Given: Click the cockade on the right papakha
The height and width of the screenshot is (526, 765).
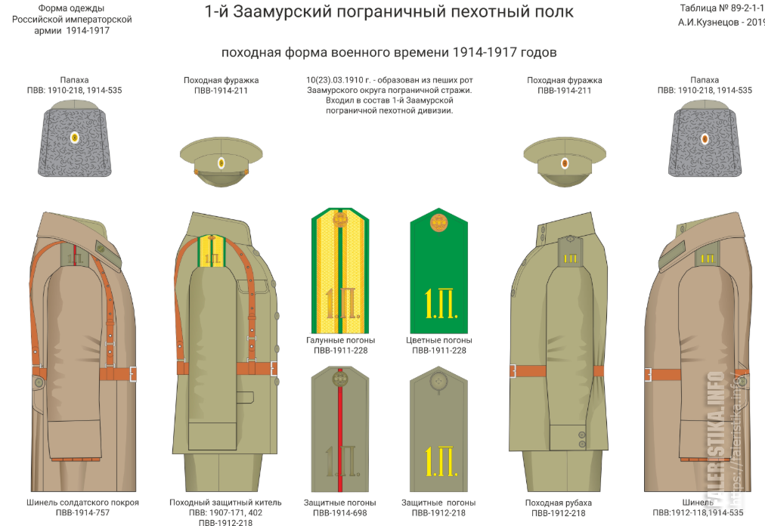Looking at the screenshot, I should pos(705,138).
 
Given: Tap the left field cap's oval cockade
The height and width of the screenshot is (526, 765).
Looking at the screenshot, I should pos(221,162).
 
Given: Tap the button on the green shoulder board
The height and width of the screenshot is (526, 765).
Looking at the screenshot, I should pos(438,222).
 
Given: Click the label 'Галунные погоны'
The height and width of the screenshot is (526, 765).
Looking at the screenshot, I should pos(340,340).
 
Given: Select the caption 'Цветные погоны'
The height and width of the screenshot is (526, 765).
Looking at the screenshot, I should pos(438,340).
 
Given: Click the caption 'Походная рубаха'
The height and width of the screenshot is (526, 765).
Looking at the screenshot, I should pos(558,503).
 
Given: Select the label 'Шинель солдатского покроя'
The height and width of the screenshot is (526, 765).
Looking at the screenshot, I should pos(82,503).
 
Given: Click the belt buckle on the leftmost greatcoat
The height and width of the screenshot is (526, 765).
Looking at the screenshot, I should pos(133,373).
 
